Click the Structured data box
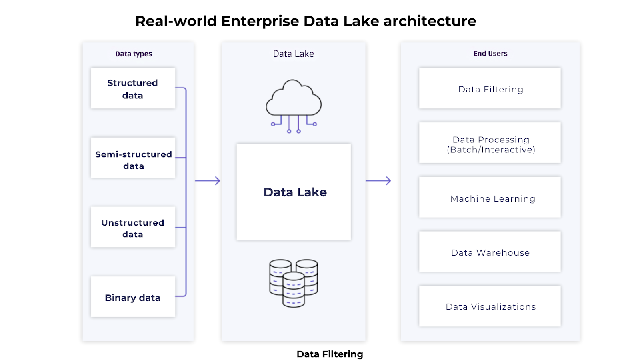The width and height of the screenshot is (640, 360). [133, 88]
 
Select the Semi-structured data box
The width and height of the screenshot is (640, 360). [133, 158]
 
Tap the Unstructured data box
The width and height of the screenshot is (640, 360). [133, 227]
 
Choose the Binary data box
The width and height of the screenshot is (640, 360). [133, 297]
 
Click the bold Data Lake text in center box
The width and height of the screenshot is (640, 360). [295, 192]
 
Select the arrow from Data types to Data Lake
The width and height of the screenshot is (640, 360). [208, 181]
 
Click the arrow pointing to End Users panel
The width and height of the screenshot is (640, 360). [378, 181]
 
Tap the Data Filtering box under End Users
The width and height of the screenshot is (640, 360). [490, 89]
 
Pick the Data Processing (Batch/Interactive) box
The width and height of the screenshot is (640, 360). [490, 144]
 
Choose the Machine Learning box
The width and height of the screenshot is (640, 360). [490, 198]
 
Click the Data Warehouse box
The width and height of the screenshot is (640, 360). [490, 252]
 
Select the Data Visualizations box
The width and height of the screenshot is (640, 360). [490, 306]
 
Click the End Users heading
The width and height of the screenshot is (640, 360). [490, 54]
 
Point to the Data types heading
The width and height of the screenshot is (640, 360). [134, 54]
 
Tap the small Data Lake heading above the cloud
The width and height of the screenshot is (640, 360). [293, 54]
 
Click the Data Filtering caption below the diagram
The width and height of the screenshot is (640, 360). [330, 354]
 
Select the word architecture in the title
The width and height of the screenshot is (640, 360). [430, 22]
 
